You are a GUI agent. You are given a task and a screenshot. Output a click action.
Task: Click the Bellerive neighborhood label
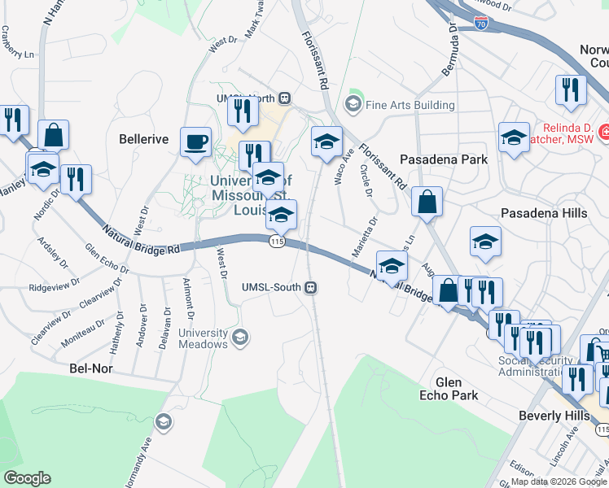pyautogui.click(x=144, y=139)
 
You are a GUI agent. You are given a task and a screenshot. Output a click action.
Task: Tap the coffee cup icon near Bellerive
pyautogui.click(x=195, y=142)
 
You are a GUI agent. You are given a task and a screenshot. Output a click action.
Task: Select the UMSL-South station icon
pyautogui.click(x=310, y=287)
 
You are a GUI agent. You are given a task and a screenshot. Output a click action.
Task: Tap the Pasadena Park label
pyautogui.click(x=444, y=159)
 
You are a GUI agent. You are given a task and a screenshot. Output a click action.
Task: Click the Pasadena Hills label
pyautogui.click(x=543, y=213)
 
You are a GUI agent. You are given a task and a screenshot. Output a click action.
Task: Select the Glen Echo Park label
pyautogui.click(x=449, y=389)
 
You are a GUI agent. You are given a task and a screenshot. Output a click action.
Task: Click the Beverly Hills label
pyautogui.click(x=554, y=416)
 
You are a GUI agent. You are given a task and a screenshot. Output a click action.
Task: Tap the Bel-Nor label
pyautogui.click(x=90, y=368)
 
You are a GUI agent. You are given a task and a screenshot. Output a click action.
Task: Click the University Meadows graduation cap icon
pyautogui.click(x=239, y=337)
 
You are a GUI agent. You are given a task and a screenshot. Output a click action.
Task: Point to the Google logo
pyautogui.click(x=27, y=477)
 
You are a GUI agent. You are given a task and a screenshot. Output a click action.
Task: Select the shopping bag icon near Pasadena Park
pyautogui.click(x=427, y=201)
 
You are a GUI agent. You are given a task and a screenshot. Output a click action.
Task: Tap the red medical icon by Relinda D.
pyautogui.click(x=605, y=131)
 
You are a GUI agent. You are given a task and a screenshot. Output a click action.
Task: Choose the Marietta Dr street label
pyautogui.click(x=365, y=237)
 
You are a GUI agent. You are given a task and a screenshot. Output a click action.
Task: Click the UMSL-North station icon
pyautogui.click(x=285, y=98)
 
